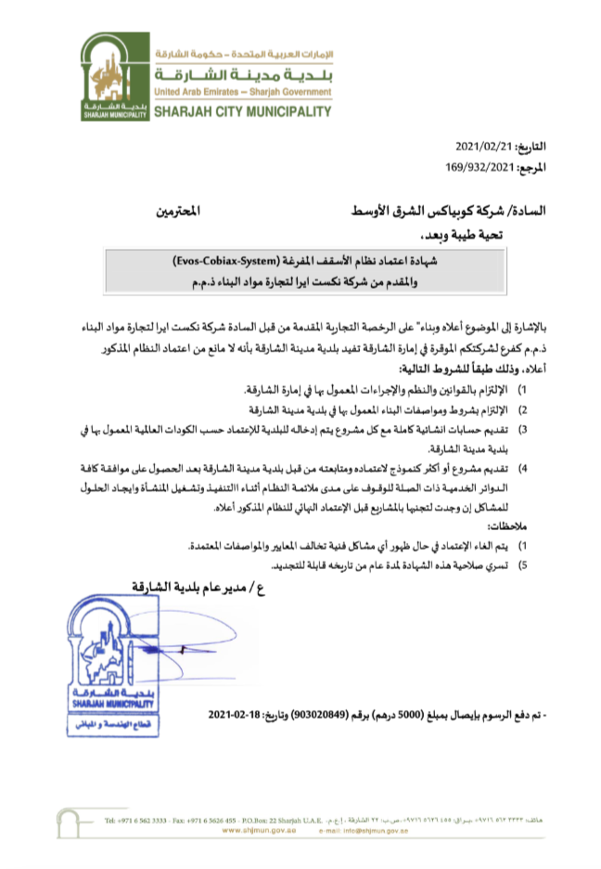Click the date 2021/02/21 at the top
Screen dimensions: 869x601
pyautogui.click(x=485, y=148)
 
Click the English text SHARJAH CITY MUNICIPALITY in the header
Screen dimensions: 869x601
pyautogui.click(x=240, y=112)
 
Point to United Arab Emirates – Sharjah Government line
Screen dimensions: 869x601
pyautogui.click(x=240, y=93)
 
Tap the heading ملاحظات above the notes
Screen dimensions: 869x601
pyautogui.click(x=524, y=525)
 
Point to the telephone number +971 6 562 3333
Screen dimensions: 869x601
pyautogui.click(x=140, y=821)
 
